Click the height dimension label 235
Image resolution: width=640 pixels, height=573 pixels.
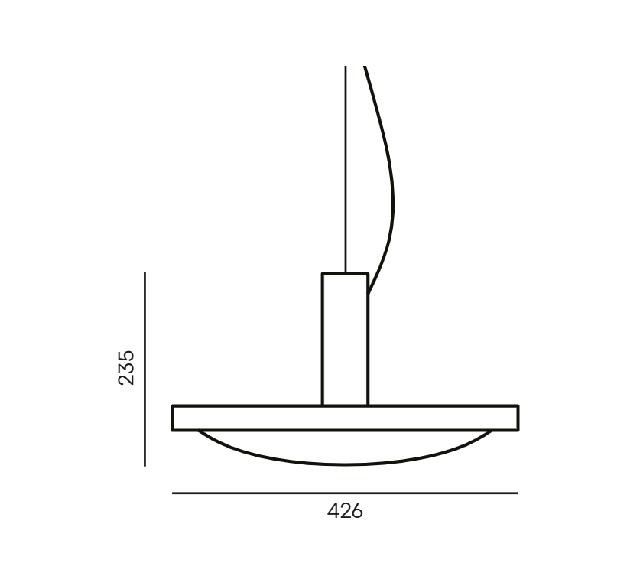[x=125, y=367]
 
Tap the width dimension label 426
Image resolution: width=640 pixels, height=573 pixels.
[x=345, y=511]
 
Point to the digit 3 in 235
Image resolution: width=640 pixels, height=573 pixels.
[x=125, y=367]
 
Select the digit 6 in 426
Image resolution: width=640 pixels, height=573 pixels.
[x=357, y=511]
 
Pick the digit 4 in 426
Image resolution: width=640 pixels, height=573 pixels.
[x=333, y=511]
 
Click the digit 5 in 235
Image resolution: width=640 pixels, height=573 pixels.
[x=125, y=356]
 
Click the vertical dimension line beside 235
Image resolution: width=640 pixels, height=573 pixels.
[x=145, y=370]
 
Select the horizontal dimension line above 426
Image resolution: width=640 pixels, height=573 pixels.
[x=345, y=493]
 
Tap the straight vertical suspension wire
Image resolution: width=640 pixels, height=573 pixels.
[x=346, y=169]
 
